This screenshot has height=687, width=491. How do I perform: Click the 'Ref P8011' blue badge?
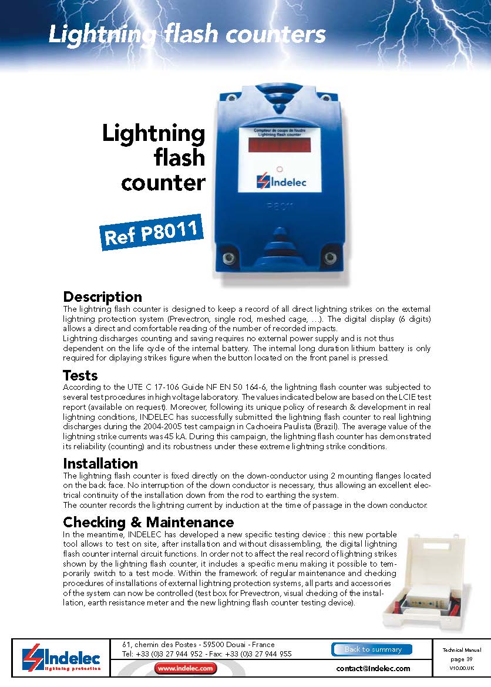[152, 232]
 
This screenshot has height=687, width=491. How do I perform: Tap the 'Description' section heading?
[102, 297]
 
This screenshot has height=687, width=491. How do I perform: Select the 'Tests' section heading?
[80, 375]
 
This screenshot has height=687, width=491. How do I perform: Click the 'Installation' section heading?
[100, 463]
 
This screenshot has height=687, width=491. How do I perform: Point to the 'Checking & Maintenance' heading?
[148, 522]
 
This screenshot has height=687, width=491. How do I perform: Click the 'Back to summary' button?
[372, 649]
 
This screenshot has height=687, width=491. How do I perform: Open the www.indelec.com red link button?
[186, 668]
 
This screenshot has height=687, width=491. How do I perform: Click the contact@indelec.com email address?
[373, 668]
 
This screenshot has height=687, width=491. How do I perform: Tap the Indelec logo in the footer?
[61, 659]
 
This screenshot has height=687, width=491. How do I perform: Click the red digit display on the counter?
[280, 144]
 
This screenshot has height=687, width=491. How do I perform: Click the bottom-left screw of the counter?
[225, 257]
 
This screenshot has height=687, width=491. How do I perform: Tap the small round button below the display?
[280, 168]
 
